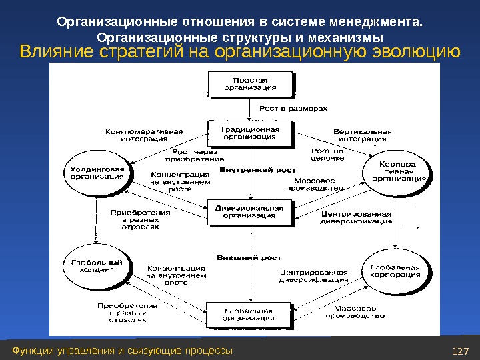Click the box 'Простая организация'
point(251,83)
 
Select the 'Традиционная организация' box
point(250,133)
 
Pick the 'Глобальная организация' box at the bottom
point(249,315)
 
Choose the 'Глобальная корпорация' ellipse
point(395,271)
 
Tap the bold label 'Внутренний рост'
point(248,171)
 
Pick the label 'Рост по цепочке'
point(328,155)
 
